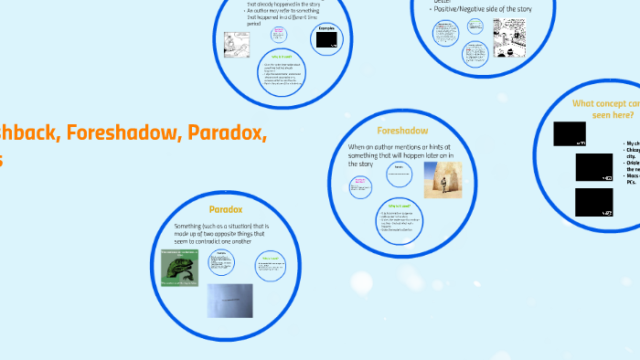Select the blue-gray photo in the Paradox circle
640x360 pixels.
coord(229,300)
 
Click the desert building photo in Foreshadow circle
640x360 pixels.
coord(443,180)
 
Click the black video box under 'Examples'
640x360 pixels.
coord(327,39)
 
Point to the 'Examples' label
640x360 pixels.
coord(326,26)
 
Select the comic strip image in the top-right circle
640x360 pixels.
coord(509,37)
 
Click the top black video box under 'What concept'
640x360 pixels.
coord(570,134)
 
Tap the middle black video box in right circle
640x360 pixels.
coord(594,167)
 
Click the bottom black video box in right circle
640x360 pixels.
coord(594,202)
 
